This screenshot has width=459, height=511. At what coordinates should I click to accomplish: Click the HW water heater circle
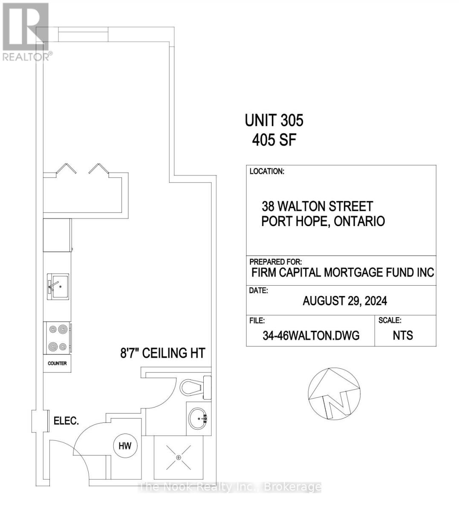[125, 446]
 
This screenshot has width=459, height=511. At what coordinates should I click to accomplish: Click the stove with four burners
[58, 338]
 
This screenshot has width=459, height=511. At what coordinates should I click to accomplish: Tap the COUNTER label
[57, 364]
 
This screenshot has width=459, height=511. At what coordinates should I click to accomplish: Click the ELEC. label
[66, 421]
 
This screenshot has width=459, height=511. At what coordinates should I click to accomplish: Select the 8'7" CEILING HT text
[163, 353]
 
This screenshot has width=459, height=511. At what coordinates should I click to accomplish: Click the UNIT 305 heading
[274, 121]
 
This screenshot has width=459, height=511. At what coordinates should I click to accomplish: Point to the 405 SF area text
[274, 140]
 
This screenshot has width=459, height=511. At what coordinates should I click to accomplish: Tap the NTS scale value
[403, 336]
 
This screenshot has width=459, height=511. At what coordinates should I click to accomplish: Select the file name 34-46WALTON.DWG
[311, 336]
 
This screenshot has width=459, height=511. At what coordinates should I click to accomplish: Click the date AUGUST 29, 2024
[345, 301]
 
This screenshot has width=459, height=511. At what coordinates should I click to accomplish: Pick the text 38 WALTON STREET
[318, 207]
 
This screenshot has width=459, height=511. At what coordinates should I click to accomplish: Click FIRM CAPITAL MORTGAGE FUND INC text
[343, 273]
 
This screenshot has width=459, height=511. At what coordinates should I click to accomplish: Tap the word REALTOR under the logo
[26, 57]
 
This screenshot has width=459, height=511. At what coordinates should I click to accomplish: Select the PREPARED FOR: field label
[275, 261]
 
